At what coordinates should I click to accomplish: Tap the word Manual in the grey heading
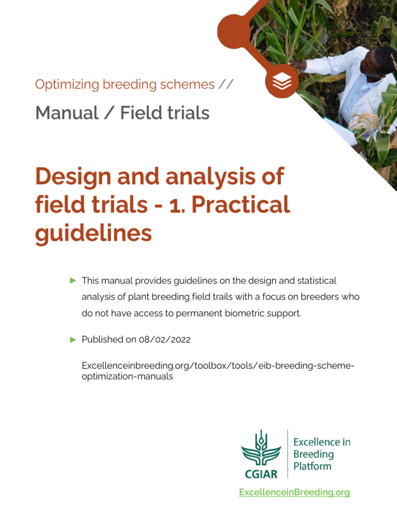(x=67, y=113)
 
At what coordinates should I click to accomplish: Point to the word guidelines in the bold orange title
(x=93, y=233)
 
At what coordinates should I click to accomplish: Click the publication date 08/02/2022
(x=165, y=339)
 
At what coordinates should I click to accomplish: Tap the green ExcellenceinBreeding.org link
(x=294, y=492)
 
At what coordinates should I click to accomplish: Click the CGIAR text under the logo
(x=261, y=473)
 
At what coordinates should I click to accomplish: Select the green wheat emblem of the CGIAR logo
(x=261, y=448)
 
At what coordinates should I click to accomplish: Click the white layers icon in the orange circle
(x=282, y=81)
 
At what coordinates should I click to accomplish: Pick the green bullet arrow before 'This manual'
(x=73, y=281)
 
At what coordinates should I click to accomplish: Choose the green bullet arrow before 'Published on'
(x=73, y=339)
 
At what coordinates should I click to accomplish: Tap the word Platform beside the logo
(x=312, y=466)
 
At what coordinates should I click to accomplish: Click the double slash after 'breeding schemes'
(x=226, y=85)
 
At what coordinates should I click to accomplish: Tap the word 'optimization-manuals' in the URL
(x=127, y=377)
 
